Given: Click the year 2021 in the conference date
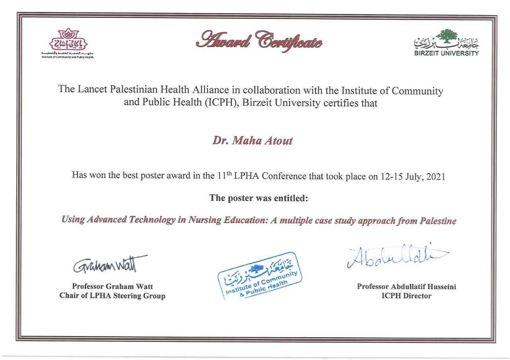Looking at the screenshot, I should (x=435, y=176).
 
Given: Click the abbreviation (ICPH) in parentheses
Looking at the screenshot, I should (x=220, y=103).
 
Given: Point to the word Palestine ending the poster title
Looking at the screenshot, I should (x=438, y=221).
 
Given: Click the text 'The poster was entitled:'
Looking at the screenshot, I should (x=259, y=198).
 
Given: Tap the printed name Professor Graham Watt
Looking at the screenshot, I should (x=112, y=286).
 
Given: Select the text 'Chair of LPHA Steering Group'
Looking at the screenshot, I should (x=112, y=296).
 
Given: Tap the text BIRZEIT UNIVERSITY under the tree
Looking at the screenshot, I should (x=446, y=53).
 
